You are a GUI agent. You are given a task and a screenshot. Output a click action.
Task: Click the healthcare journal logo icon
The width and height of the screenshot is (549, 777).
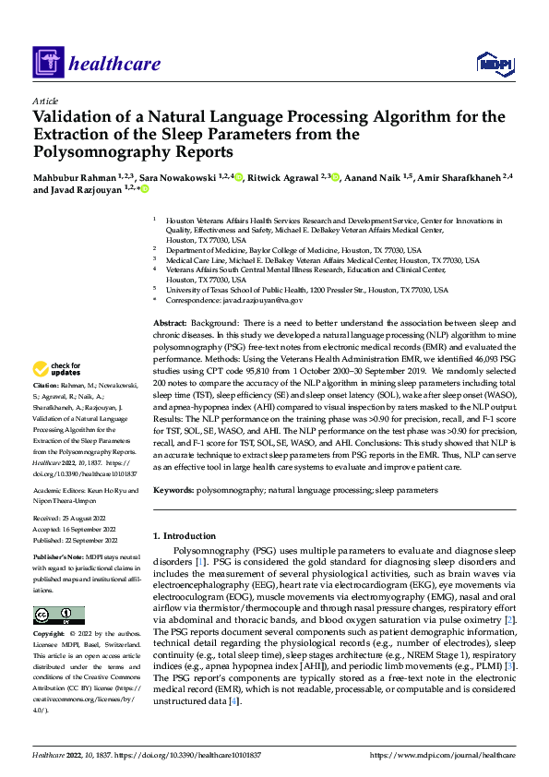point(46,63)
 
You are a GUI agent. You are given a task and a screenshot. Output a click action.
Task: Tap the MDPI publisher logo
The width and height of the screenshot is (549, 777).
point(494,62)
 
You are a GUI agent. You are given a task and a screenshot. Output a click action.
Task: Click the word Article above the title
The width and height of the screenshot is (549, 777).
point(45,101)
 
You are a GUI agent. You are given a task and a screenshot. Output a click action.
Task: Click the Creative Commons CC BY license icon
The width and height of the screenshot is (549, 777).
point(58,616)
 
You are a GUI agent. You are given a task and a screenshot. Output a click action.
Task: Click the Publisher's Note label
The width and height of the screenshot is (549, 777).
point(58,558)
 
